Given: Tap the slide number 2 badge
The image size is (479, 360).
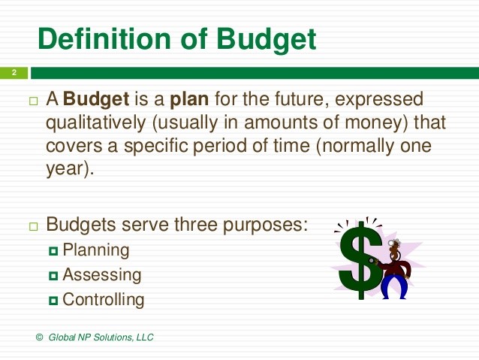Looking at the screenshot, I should point(13,73).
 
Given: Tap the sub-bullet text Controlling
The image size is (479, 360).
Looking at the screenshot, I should point(104,300).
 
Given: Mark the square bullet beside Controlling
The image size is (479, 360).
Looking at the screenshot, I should point(53,301).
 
